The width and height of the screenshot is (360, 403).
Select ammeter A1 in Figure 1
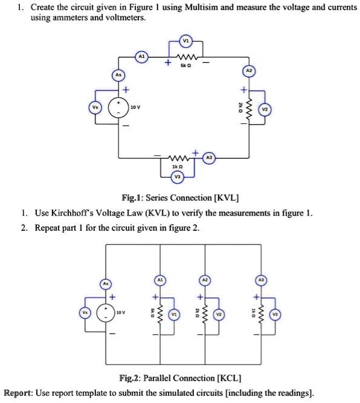143,56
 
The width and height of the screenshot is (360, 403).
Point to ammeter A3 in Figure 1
209,156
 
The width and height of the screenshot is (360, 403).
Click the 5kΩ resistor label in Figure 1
186,66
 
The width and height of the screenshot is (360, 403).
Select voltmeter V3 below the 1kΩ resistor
177,177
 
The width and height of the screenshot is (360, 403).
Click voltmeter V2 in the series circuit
265,109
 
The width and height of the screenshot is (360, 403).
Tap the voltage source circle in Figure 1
118,109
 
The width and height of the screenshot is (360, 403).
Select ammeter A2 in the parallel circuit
206,281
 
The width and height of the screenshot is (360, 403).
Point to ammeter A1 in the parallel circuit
160,281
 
